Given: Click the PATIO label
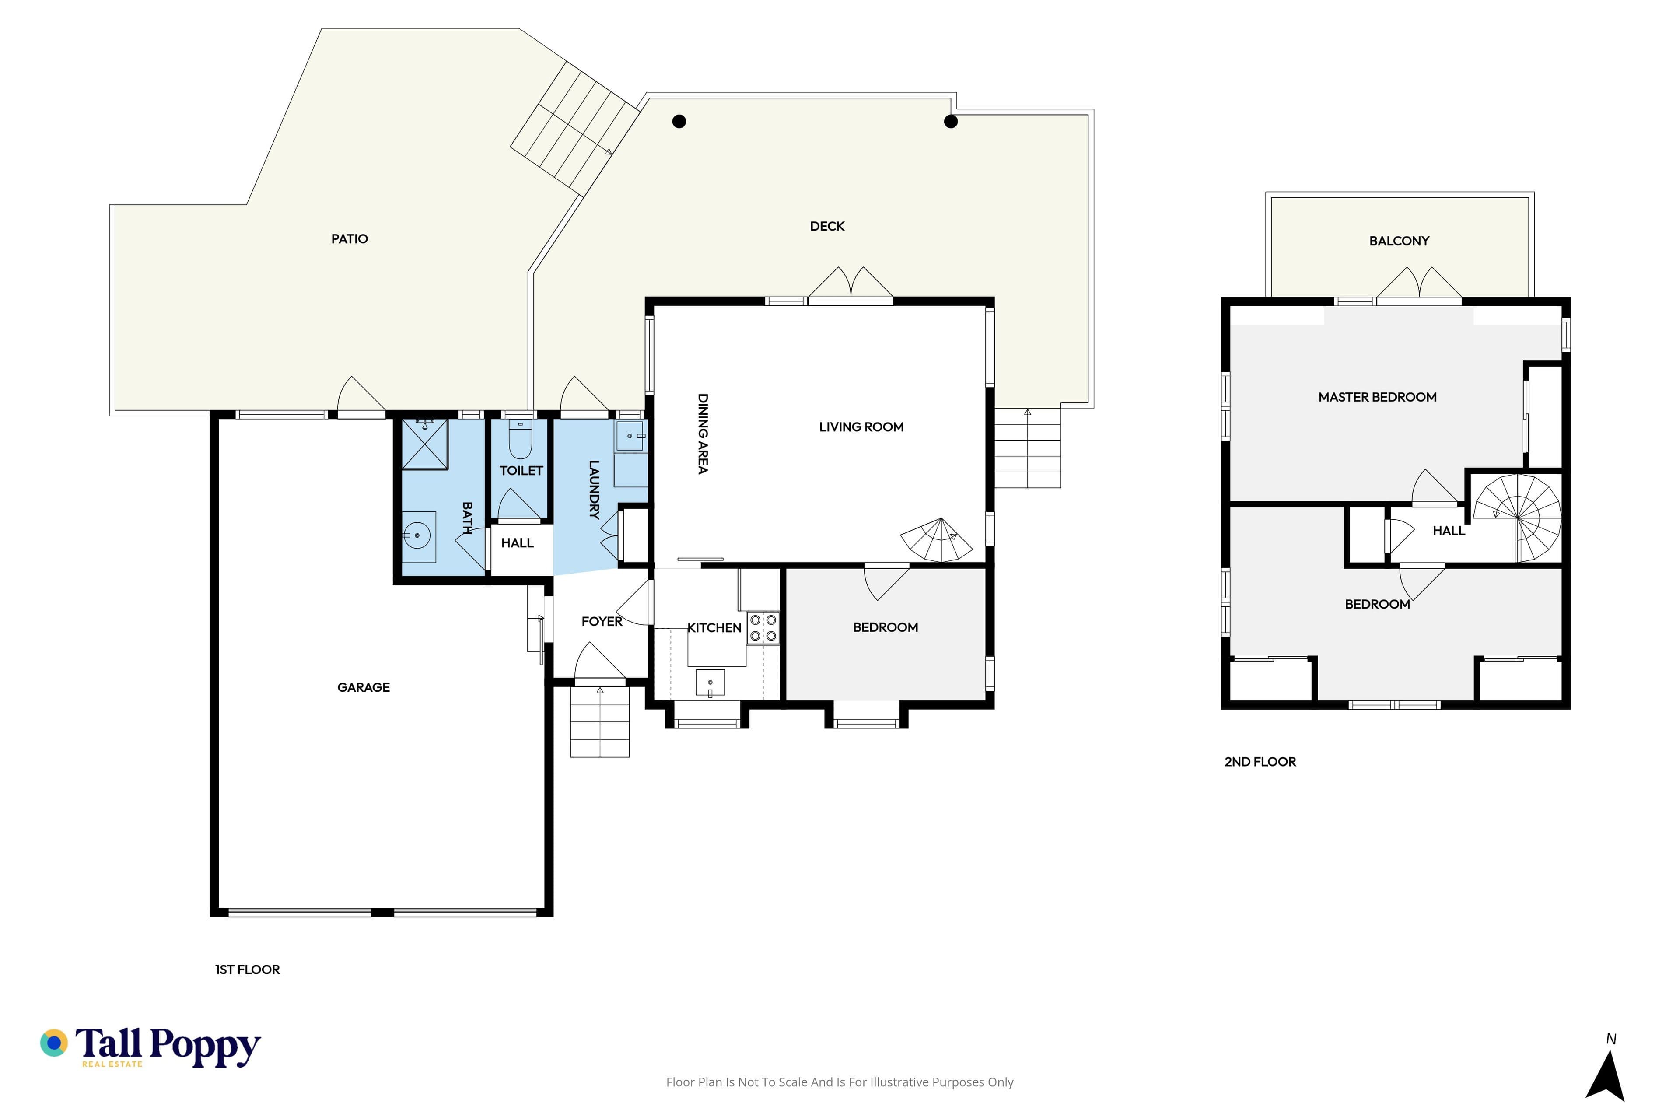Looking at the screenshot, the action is tap(349, 238).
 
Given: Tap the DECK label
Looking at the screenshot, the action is tap(827, 227).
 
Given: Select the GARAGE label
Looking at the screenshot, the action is tap(364, 687).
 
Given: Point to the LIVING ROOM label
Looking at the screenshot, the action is tap(861, 427).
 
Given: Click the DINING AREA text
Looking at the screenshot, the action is tap(703, 434).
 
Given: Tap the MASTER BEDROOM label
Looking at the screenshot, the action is tap(1377, 397).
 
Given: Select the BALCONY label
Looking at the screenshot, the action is tap(1399, 241).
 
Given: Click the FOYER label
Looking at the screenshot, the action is tap(602, 621).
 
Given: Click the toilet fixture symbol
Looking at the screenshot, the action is tap(520, 439).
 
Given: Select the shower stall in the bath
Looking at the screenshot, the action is tap(425, 444).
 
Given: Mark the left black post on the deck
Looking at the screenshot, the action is tap(679, 122).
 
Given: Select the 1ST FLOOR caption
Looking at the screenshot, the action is tap(247, 969).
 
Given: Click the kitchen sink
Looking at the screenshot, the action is tap(710, 682).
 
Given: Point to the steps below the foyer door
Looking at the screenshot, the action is tap(600, 721).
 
